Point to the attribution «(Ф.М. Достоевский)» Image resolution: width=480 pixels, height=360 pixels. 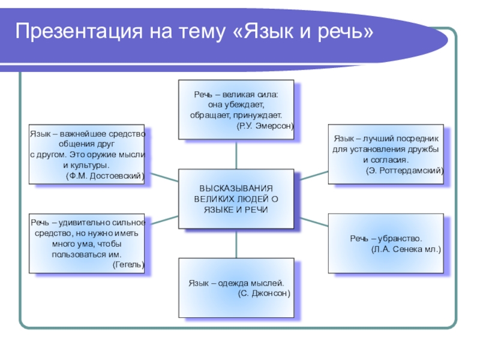click(105, 175)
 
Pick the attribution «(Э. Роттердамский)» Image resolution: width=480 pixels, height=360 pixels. click(405, 171)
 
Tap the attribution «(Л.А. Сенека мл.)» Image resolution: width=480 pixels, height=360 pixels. click(406, 248)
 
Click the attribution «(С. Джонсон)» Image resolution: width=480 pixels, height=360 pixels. click(264, 293)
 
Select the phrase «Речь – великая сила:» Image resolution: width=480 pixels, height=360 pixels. click(236, 95)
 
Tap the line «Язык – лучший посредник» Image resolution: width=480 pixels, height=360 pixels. click(387, 138)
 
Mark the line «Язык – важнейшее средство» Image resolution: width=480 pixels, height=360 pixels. click(88, 133)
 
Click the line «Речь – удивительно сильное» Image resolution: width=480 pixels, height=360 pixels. click(88, 223)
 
